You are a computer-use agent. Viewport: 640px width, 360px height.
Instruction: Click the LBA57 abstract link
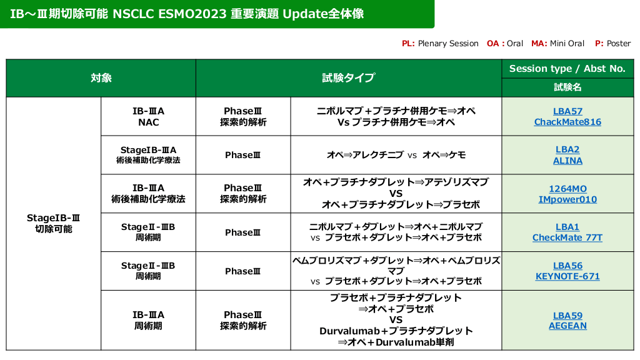pyautogui.click(x=567, y=111)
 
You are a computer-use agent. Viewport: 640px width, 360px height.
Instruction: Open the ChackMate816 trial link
pyautogui.click(x=567, y=122)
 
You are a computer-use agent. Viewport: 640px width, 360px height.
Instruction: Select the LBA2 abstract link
pyautogui.click(x=567, y=149)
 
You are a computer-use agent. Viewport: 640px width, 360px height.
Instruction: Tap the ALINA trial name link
pyautogui.click(x=567, y=161)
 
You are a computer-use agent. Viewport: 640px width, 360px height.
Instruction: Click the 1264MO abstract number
pyautogui.click(x=567, y=189)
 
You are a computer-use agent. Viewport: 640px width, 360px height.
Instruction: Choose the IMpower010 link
pyautogui.click(x=567, y=199)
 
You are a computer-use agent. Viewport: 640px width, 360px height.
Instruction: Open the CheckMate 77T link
pyautogui.click(x=567, y=237)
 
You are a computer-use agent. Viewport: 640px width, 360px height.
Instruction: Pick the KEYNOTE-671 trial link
pyautogui.click(x=567, y=276)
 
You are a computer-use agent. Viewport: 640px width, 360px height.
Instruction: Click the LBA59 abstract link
pyautogui.click(x=567, y=316)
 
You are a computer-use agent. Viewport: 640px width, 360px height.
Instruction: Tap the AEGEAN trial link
pyautogui.click(x=567, y=326)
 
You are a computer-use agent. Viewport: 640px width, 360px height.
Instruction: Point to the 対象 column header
pyautogui.click(x=101, y=78)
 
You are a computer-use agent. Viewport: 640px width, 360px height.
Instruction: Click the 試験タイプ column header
pyautogui.click(x=349, y=77)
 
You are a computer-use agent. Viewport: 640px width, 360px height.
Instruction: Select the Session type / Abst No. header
pyautogui.click(x=567, y=69)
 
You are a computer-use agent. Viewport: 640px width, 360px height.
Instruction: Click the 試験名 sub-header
pyautogui.click(x=567, y=87)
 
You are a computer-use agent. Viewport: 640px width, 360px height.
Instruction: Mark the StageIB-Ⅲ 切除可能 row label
pyautogui.click(x=54, y=223)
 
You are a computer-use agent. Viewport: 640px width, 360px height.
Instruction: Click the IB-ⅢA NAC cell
pyautogui.click(x=148, y=116)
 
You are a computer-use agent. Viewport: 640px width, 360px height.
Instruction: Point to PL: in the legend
pyautogui.click(x=408, y=43)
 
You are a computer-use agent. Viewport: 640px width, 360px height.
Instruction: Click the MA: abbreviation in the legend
pyautogui.click(x=539, y=43)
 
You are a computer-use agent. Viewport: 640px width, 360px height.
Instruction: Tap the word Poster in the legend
pyautogui.click(x=619, y=43)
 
